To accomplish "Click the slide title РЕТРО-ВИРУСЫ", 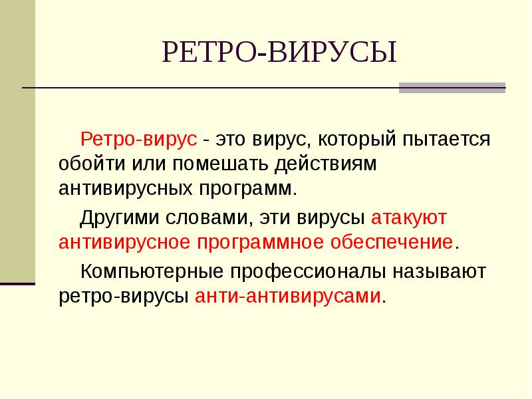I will pyautogui.click(x=279, y=53).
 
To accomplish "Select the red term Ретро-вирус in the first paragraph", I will pyautogui.click(x=139, y=140).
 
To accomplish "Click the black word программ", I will pyautogui.click(x=246, y=188).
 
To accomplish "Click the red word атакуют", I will pyautogui.click(x=409, y=217).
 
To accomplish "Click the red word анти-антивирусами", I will pyautogui.click(x=289, y=295).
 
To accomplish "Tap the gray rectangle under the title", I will pyautogui.click(x=452, y=88).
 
